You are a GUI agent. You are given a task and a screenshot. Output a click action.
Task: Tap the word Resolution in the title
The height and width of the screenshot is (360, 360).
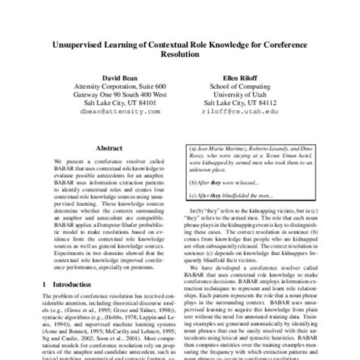(x=179, y=62)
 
